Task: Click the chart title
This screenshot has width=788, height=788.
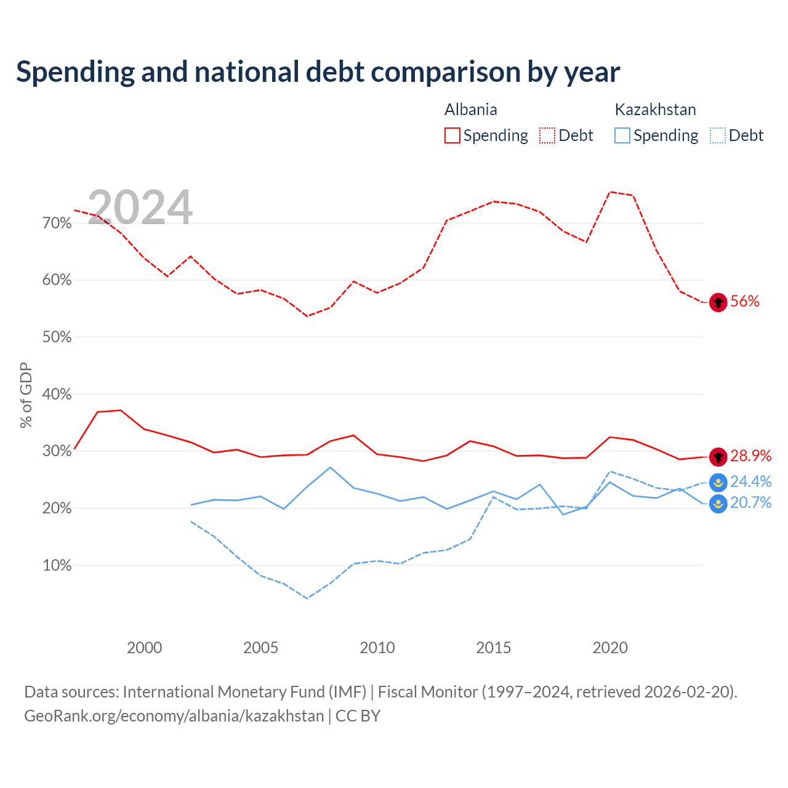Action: tap(318, 72)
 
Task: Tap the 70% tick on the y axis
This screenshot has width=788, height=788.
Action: tap(57, 223)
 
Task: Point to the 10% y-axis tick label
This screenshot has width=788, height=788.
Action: tap(57, 566)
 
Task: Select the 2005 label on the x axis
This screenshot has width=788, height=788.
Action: tap(260, 648)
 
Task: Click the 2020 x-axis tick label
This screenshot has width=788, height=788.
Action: tap(609, 648)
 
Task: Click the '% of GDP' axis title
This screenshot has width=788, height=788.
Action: tap(26, 395)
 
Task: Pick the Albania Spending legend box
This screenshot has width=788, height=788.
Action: tap(452, 135)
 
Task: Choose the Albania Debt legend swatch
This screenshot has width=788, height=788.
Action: tap(547, 135)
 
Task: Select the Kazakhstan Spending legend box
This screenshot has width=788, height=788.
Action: tap(622, 135)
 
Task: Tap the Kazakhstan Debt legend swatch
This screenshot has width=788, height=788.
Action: tap(717, 135)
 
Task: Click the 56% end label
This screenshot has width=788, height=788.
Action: tap(745, 302)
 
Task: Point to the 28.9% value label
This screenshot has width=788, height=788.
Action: tap(751, 456)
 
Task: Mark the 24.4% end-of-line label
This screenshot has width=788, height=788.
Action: tap(751, 481)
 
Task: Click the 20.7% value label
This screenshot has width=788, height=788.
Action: tap(751, 502)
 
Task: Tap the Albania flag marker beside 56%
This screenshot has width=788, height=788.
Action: tap(718, 303)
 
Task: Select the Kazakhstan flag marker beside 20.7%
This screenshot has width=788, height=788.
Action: tap(718, 504)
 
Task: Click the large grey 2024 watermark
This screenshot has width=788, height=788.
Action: tap(140, 207)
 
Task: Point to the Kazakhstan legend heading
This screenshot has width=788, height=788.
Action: tap(655, 110)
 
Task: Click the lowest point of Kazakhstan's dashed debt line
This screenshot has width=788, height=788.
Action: tap(307, 598)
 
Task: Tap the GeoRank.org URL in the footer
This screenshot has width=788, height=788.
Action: tap(174, 716)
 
